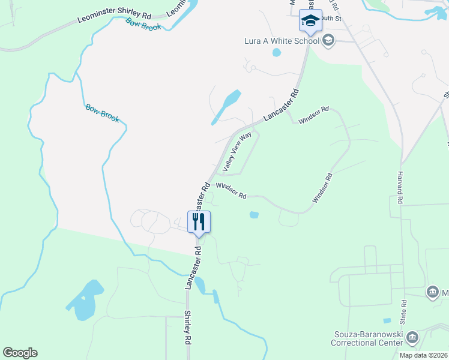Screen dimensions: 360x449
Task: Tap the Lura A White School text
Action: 282,41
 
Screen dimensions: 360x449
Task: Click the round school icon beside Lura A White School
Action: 328,41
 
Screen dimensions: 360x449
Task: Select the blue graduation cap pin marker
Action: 310,21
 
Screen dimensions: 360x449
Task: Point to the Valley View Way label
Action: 237,152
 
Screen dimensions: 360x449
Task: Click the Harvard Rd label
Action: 399,184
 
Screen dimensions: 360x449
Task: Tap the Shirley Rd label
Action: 188,327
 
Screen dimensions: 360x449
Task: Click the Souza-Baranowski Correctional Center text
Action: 367,338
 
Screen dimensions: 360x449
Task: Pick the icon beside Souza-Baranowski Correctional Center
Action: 412,338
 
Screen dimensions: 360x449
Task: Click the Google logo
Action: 20,353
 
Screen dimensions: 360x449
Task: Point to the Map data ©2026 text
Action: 423,355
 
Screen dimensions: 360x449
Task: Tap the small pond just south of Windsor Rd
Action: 254,214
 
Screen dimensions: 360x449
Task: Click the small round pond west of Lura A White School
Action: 276,52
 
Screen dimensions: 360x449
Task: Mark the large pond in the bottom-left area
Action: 86,300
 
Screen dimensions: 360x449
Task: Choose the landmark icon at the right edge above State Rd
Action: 432,292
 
